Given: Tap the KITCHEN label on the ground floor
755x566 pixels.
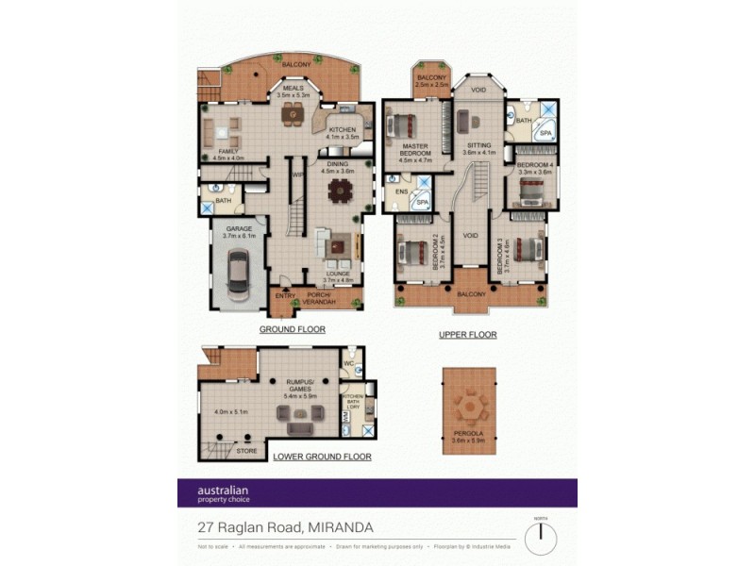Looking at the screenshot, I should click(x=342, y=130).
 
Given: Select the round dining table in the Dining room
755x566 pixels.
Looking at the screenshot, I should click(x=338, y=191).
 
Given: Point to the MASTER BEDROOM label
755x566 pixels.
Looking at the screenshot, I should click(x=415, y=150).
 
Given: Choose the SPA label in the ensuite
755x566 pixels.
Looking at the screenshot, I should click(x=424, y=202).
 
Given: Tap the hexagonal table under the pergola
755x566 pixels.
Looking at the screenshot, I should click(x=469, y=408).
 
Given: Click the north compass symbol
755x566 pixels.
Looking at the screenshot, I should click(x=541, y=538).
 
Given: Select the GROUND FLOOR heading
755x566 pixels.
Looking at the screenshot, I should click(x=293, y=329).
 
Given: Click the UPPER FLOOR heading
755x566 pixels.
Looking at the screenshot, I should click(x=468, y=335).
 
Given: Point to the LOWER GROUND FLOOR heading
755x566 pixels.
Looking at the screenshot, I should click(x=322, y=457).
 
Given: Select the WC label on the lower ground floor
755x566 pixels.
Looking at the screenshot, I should click(x=348, y=361).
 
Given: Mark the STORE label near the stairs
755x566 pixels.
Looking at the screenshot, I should click(x=246, y=451).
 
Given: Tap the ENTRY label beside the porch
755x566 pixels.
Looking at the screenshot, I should click(x=284, y=296).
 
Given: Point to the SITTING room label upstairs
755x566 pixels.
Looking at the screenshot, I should click(x=478, y=145).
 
